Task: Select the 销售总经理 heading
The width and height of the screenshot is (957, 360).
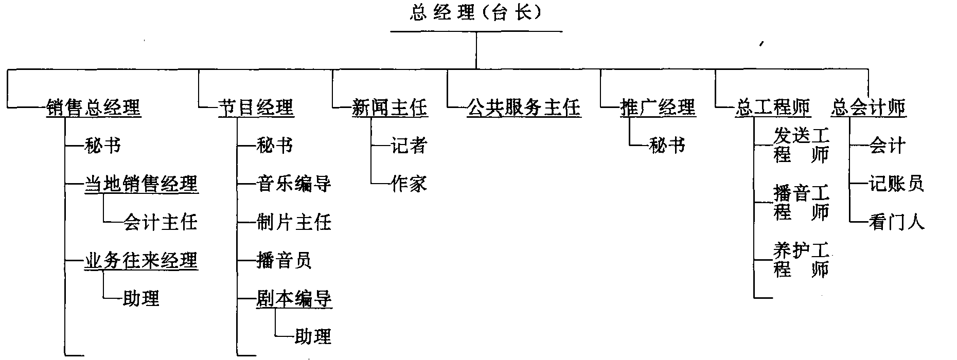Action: [93, 108]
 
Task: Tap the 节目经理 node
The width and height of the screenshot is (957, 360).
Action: [256, 108]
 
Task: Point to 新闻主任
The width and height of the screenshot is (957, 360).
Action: [389, 108]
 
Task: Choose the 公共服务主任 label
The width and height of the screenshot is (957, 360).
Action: [524, 108]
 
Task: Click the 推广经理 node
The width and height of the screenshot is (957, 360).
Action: [658, 108]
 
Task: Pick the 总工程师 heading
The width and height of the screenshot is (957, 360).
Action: [773, 108]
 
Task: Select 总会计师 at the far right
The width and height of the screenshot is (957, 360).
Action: [869, 108]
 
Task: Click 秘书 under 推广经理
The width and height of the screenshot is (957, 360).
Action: [667, 146]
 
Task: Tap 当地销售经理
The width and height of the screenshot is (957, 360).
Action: [141, 184]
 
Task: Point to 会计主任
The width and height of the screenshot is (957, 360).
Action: [160, 222]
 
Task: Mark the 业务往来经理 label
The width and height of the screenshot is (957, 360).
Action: [141, 261]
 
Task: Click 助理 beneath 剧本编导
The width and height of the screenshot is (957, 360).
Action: [313, 337]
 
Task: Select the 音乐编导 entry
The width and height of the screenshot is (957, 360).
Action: [294, 184]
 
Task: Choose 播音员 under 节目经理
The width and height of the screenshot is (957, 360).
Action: [284, 261]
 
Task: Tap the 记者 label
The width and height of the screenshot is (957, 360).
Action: [409, 146]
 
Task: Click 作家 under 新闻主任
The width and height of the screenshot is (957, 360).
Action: [409, 184]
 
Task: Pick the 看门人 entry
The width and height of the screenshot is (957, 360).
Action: [897, 222]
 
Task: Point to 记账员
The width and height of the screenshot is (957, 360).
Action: [897, 184]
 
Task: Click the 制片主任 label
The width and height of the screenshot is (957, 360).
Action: [294, 222]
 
